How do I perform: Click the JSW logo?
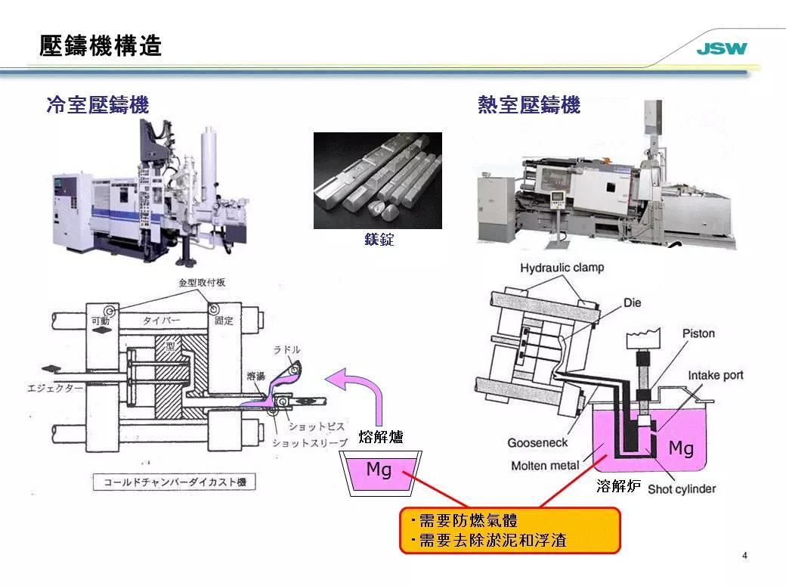(x=721, y=50)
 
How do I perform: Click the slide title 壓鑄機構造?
(x=101, y=46)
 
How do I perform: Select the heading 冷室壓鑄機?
(x=97, y=105)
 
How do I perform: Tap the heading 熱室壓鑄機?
(x=529, y=105)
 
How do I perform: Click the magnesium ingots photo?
(x=377, y=180)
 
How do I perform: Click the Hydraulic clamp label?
(x=562, y=268)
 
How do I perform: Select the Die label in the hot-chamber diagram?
(x=632, y=302)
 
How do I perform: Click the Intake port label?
(x=715, y=375)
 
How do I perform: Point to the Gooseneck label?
(x=537, y=443)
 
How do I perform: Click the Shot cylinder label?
(x=681, y=488)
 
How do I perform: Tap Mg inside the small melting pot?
(x=379, y=470)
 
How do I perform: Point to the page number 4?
(x=745, y=557)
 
